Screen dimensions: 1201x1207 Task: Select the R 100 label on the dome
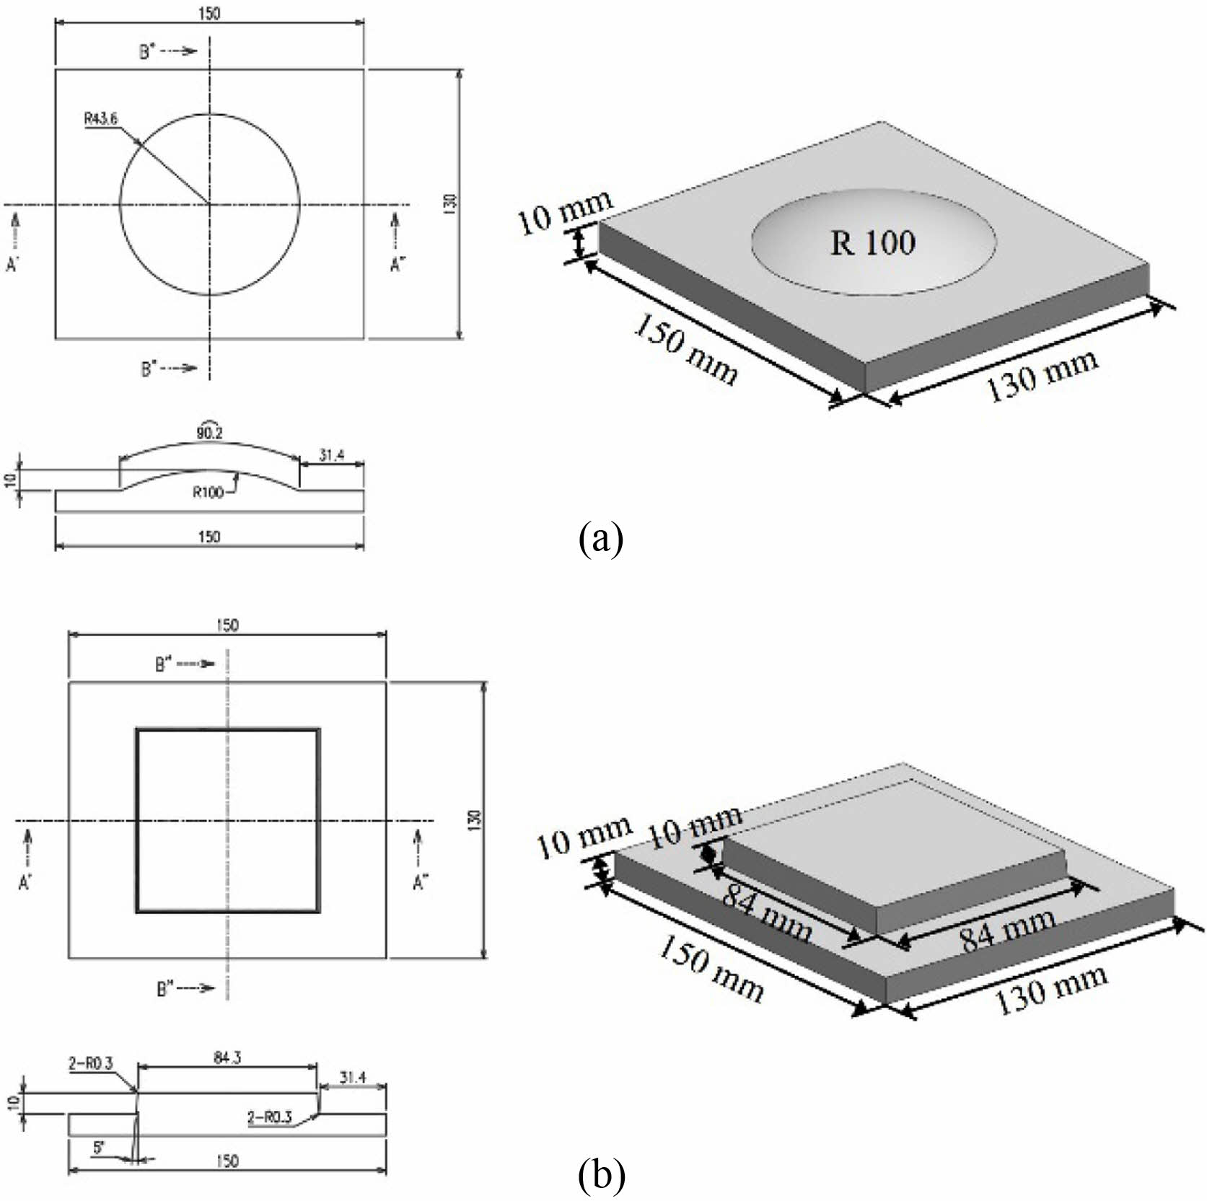pos(872,242)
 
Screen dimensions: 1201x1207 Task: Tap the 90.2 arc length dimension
pos(209,432)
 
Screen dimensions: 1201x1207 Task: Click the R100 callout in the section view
pos(208,493)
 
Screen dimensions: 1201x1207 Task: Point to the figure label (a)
pos(600,538)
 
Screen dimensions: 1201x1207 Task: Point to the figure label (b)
pos(601,1176)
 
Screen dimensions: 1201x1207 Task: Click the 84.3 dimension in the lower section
pos(227,1057)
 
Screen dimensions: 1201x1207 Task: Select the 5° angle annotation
pos(100,1148)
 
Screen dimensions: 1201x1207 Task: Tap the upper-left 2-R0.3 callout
pos(92,1063)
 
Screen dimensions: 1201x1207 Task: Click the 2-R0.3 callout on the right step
pos(269,1118)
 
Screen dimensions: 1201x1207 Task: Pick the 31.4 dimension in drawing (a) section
pos(331,454)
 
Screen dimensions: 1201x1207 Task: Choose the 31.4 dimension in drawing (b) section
pos(353,1077)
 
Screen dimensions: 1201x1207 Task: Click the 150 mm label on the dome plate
pos(685,350)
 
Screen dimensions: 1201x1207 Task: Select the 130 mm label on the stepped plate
pos(1050,992)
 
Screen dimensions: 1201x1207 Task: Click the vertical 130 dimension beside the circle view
pos(450,204)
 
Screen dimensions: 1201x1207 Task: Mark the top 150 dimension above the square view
pos(227,625)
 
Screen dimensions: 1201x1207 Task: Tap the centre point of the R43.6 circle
pos(209,205)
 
